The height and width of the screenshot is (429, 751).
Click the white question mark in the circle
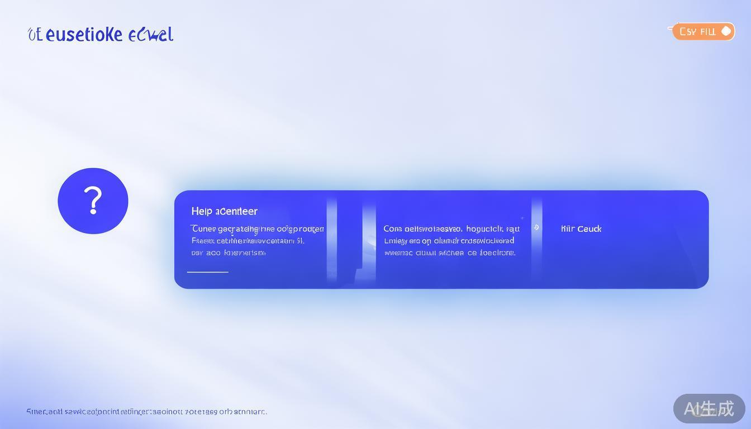pos(93,201)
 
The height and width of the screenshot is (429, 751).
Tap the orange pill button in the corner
pos(702,31)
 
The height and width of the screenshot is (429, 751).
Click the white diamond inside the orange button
pos(726,31)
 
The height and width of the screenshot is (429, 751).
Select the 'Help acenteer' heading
pos(224,211)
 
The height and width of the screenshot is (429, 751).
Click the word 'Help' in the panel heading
pos(202,211)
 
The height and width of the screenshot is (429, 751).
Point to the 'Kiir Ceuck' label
pos(581,229)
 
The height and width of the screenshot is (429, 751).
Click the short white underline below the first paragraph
pos(207,272)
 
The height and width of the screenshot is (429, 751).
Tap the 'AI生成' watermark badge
pos(709,409)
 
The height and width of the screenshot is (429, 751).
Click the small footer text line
pos(146,412)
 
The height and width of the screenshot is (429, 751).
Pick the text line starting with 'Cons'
pos(451,229)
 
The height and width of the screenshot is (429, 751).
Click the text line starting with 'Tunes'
pos(257,229)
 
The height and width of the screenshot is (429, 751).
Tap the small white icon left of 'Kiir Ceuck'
pos(536,227)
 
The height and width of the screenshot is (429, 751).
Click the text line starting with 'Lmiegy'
pos(449,241)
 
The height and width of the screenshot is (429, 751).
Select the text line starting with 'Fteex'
pos(248,241)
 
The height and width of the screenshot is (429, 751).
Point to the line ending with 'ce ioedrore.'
pos(449,252)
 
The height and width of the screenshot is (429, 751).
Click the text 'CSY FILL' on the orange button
pos(697,32)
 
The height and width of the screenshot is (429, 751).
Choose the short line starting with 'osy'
pos(228,252)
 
